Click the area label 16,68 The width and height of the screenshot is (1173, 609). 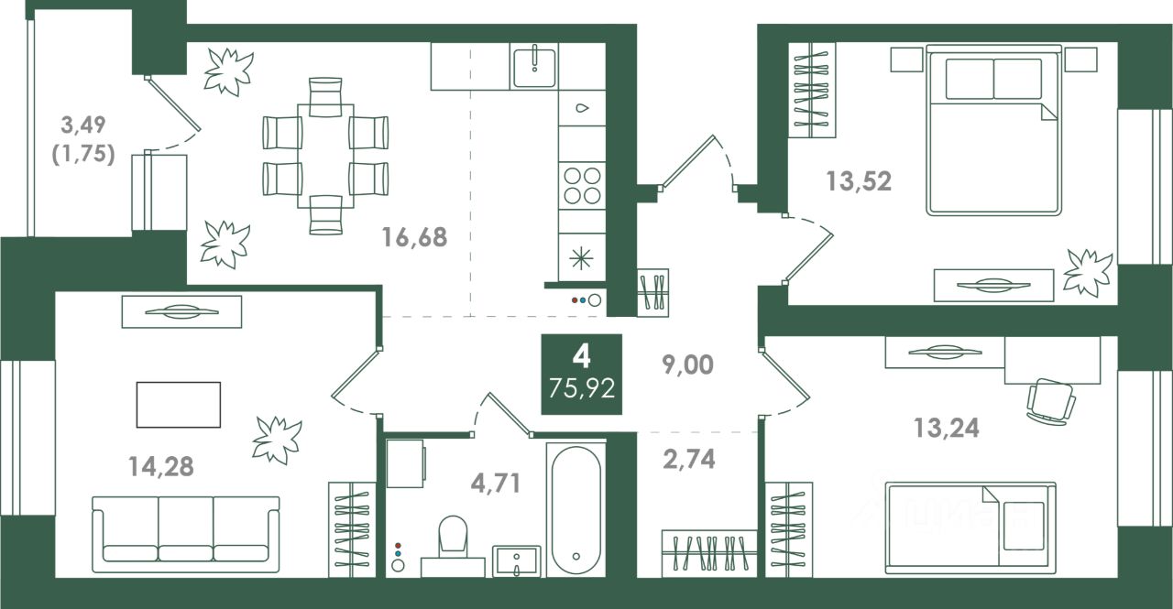pyautogui.click(x=414, y=237)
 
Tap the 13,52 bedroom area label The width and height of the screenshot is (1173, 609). pyautogui.click(x=859, y=181)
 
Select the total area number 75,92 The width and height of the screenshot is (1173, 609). pyautogui.click(x=582, y=388)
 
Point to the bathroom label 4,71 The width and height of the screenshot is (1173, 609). pyautogui.click(x=496, y=483)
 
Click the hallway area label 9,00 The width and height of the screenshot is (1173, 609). pyautogui.click(x=687, y=364)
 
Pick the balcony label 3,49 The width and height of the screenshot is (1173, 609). pyautogui.click(x=83, y=125)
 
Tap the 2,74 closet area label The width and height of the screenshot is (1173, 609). pyautogui.click(x=688, y=459)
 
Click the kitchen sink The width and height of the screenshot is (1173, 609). pyautogui.click(x=534, y=67)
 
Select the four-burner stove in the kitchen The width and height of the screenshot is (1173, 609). pyautogui.click(x=582, y=185)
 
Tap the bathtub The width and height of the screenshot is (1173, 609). pyautogui.click(x=576, y=509)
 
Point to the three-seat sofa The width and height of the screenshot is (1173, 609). pyautogui.click(x=186, y=534)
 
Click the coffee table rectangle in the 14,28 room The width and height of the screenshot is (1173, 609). pyautogui.click(x=179, y=405)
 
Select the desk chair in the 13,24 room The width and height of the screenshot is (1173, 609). pyautogui.click(x=1051, y=402)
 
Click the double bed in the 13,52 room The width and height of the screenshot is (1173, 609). pyautogui.click(x=994, y=130)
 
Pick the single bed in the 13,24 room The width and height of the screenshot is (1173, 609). pyautogui.click(x=970, y=527)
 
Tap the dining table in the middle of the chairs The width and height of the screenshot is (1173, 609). pyautogui.click(x=325, y=156)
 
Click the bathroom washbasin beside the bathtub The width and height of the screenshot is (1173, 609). pyautogui.click(x=516, y=560)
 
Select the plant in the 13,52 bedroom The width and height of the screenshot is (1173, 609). pyautogui.click(x=1088, y=273)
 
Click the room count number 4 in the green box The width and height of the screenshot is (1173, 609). pyautogui.click(x=581, y=357)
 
